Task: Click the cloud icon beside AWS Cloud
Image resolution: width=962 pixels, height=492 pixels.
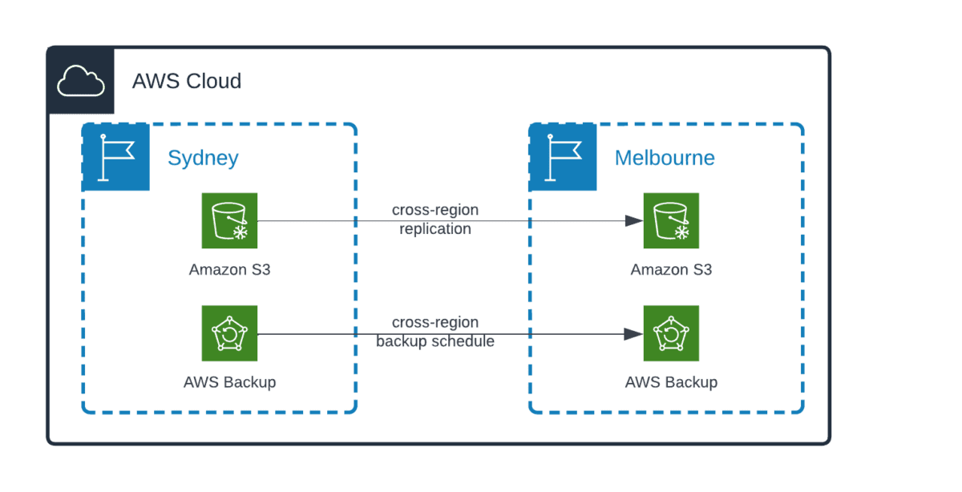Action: click(81, 81)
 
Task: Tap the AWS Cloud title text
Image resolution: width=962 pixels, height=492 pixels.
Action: click(186, 81)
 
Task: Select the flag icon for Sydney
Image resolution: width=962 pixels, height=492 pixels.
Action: click(115, 157)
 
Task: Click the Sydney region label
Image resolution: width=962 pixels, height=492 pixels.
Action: click(203, 158)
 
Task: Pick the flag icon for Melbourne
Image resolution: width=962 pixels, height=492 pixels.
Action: click(563, 157)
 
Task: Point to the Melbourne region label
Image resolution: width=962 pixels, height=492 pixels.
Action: click(665, 158)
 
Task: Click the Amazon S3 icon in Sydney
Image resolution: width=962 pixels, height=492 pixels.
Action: click(229, 220)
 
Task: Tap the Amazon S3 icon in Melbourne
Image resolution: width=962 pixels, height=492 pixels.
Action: click(671, 220)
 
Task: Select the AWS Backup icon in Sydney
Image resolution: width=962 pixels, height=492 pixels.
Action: click(229, 333)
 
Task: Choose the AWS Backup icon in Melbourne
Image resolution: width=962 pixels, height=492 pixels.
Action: click(671, 333)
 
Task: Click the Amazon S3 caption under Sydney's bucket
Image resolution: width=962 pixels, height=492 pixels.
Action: click(229, 270)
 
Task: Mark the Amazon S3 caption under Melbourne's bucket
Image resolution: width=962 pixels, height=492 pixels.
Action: click(671, 270)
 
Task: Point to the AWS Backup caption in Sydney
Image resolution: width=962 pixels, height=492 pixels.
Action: click(229, 382)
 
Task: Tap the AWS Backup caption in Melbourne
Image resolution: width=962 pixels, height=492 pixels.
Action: click(671, 382)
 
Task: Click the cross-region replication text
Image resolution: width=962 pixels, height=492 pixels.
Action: click(435, 220)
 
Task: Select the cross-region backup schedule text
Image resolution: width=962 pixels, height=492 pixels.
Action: click(435, 332)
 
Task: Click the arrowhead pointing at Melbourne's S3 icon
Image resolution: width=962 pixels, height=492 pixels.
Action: click(636, 220)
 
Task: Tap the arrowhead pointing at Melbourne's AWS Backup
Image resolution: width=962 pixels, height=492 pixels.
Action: click(636, 333)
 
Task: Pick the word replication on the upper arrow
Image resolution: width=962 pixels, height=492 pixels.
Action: click(435, 229)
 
